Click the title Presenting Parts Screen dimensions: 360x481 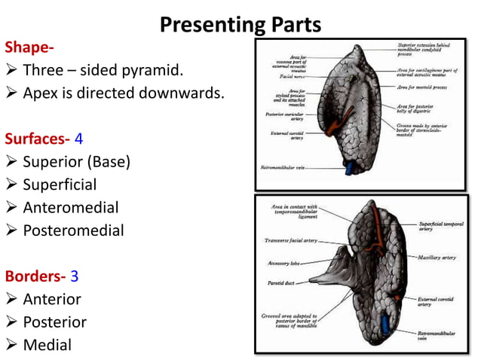pos(240,25)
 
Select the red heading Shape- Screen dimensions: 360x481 pos(29,47)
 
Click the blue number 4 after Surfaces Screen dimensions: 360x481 pos(78,139)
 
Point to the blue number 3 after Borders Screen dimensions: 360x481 pos(74,276)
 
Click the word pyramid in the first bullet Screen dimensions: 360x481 pos(155,71)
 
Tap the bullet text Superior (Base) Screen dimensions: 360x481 pos(76,162)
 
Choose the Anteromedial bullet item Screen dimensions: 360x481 pos(72,208)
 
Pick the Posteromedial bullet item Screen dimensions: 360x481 pos(73,230)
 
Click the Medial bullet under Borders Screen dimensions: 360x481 pos(47,345)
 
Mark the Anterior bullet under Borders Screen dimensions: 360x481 pos(52,299)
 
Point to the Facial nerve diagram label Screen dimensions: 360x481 pos(291,77)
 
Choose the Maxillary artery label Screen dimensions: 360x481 pos(437,258)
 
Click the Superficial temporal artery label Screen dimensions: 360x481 pos(444,227)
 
